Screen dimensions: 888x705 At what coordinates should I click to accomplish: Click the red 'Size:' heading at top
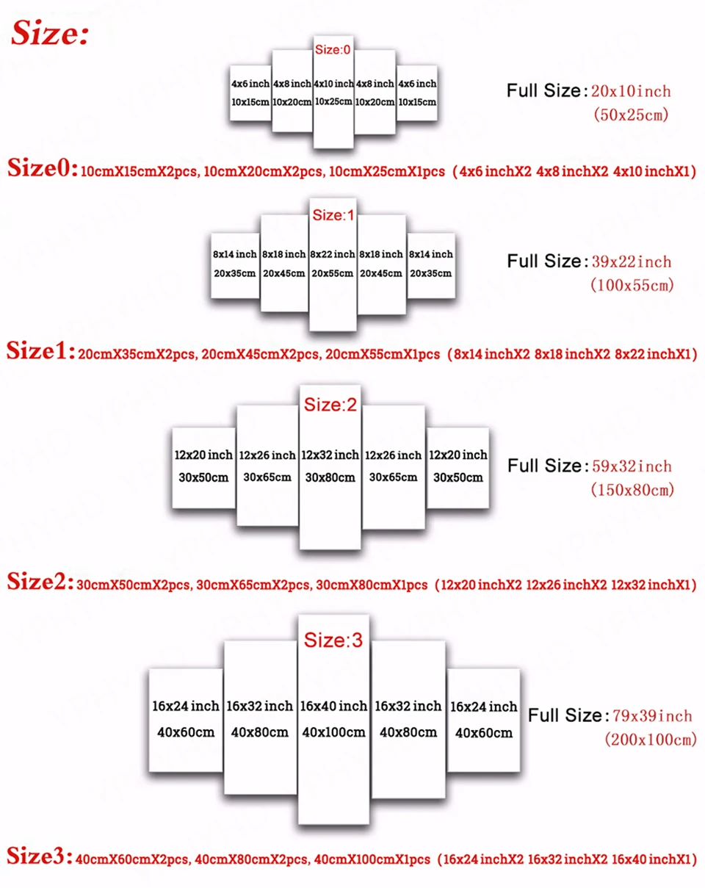50,33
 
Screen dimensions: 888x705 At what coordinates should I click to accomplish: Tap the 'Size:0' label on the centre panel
333,49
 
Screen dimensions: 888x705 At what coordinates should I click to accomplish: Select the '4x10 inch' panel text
333,84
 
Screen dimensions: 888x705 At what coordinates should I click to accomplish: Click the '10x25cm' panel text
333,101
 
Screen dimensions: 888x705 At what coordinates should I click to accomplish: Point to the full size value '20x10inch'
631,92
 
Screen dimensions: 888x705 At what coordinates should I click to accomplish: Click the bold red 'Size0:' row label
41,170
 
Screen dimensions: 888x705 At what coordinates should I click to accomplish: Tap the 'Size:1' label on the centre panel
333,215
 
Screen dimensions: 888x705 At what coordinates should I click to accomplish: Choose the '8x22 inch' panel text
332,254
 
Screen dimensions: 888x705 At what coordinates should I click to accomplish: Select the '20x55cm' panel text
332,272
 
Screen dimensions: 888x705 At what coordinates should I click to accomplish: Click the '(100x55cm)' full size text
632,285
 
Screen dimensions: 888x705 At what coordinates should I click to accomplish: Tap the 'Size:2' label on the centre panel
330,405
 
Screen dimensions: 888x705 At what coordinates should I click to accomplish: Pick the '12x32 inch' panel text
330,455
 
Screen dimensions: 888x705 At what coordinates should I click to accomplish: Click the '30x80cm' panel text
330,477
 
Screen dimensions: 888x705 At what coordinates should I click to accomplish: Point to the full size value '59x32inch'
632,466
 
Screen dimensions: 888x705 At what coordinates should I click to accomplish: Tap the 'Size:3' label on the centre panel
333,640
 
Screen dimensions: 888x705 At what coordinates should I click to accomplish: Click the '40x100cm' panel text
333,732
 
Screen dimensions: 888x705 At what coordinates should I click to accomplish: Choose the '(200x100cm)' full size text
649,740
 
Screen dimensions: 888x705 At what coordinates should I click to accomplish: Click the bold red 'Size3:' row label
41,856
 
